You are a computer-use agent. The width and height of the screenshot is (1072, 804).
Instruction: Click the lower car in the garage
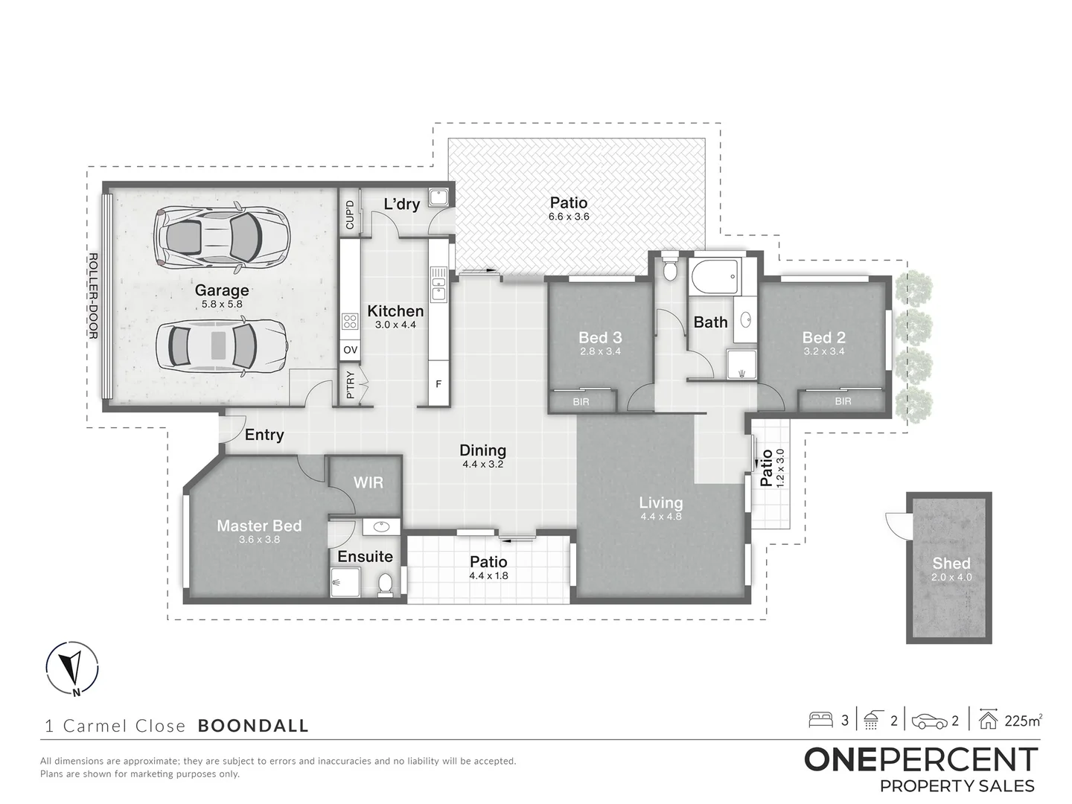tap(221, 345)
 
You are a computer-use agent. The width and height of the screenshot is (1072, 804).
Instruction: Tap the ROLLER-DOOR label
tap(93, 296)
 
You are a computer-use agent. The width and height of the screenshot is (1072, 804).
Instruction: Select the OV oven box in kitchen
tap(350, 350)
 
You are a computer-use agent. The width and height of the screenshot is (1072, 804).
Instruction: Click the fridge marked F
tap(438, 384)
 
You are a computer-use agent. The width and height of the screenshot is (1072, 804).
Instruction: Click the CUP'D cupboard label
tap(350, 214)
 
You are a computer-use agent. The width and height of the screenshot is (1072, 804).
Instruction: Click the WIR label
tap(368, 482)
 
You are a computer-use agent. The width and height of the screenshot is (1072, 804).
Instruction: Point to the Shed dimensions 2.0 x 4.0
tap(951, 577)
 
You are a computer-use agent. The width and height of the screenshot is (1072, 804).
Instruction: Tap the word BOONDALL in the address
tap(253, 726)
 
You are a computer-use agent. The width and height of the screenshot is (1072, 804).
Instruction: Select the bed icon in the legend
tap(821, 720)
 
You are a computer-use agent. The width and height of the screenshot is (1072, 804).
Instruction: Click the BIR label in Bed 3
tap(581, 401)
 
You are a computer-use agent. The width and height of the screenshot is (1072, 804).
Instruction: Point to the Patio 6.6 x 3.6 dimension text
tap(569, 217)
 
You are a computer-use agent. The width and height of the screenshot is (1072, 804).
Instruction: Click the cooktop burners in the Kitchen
tap(350, 322)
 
